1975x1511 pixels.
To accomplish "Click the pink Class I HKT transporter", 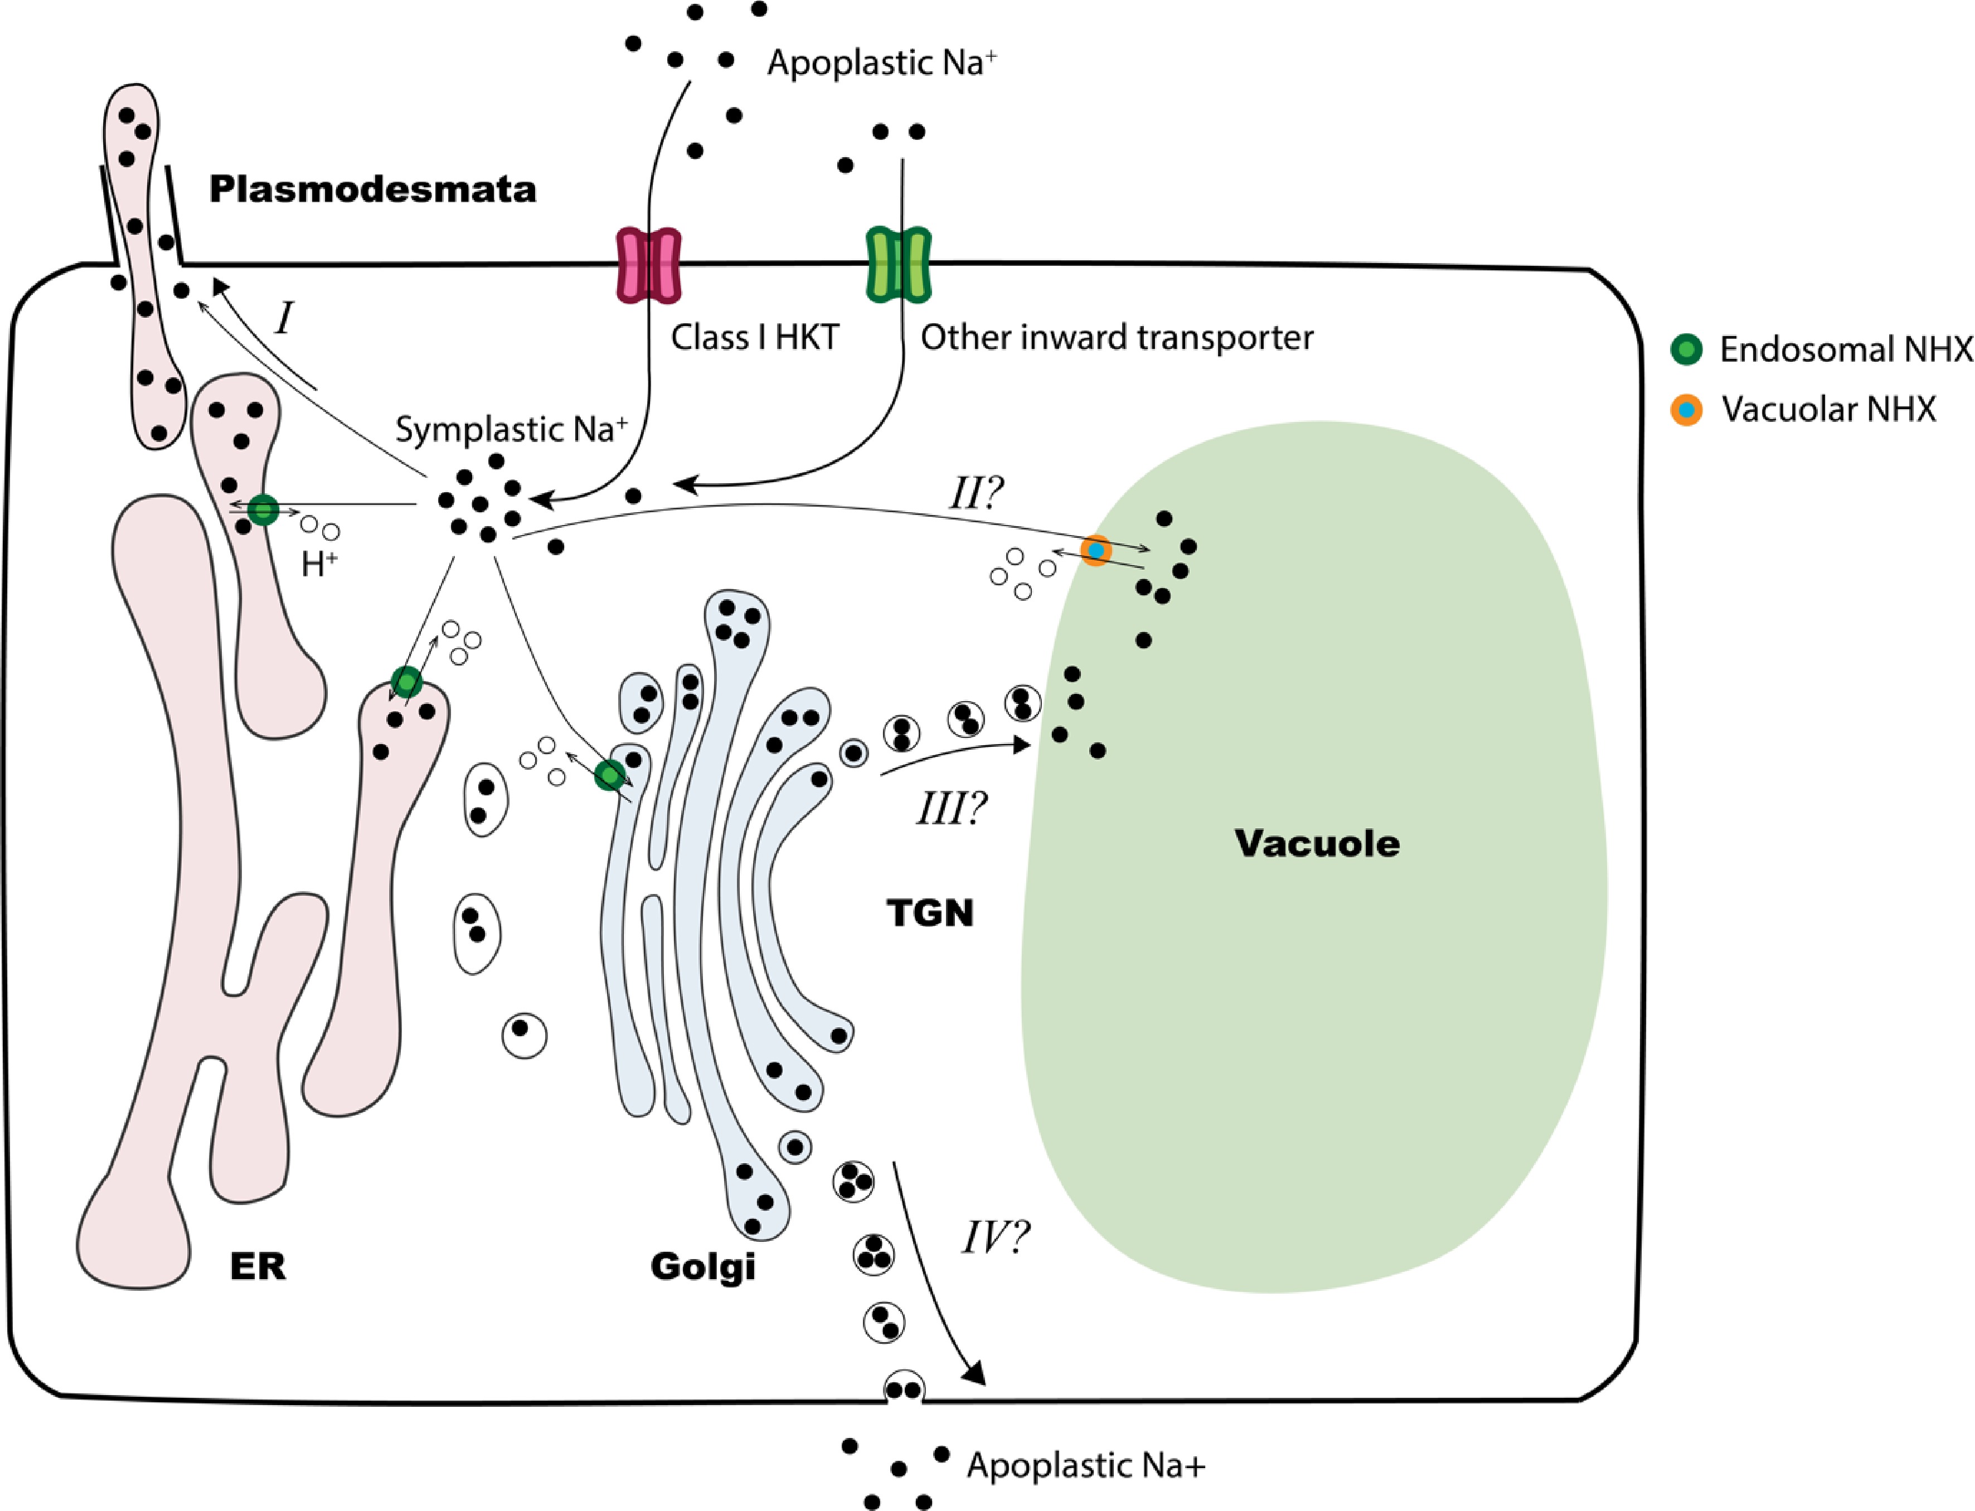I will tap(648, 265).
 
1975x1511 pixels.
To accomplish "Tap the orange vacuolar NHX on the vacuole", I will tap(1095, 550).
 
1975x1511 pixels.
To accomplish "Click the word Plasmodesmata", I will tap(372, 190).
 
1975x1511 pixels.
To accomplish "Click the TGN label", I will tap(930, 913).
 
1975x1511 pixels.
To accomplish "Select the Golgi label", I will tap(702, 1266).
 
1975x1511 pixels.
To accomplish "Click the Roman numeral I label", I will tap(285, 318).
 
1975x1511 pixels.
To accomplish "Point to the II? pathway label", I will tap(976, 494).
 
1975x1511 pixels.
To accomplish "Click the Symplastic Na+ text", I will tap(511, 429).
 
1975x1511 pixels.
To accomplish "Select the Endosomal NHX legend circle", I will tap(1686, 349).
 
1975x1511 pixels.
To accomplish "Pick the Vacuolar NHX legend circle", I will tap(1686, 409).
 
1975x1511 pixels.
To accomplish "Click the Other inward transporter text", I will tap(1116, 337).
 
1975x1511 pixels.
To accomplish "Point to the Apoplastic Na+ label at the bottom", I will tap(1085, 1465).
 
